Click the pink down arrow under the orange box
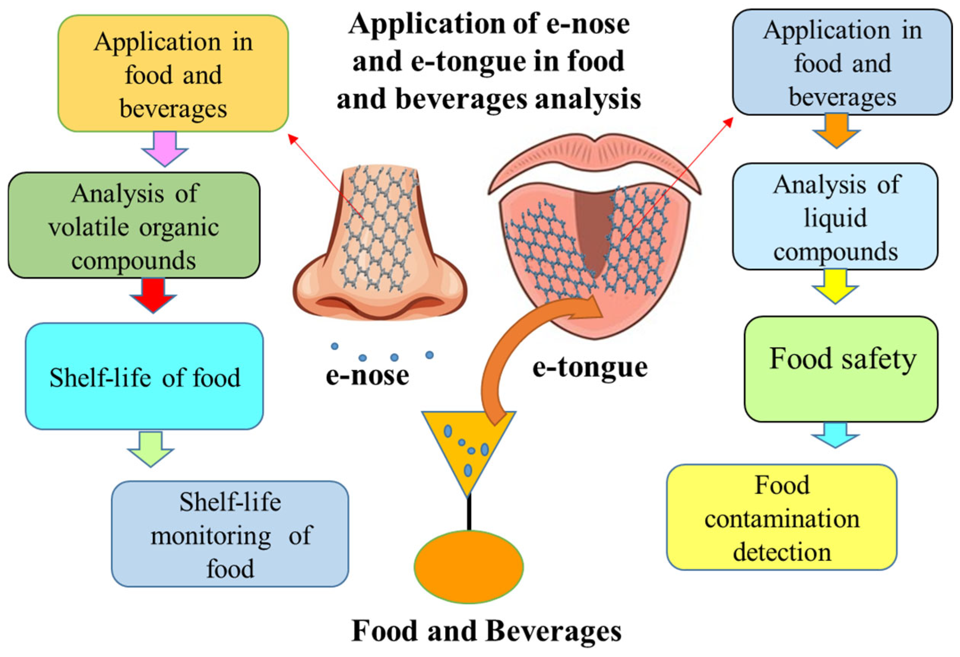pos(165,148)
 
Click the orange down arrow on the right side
pos(837,131)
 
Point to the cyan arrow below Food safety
pos(835,435)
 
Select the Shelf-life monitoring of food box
pos(230,534)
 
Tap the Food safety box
pos(841,369)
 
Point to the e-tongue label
pos(590,367)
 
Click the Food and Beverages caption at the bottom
pos(486,630)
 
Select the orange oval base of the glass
pos(468,567)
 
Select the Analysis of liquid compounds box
pos(835,217)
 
